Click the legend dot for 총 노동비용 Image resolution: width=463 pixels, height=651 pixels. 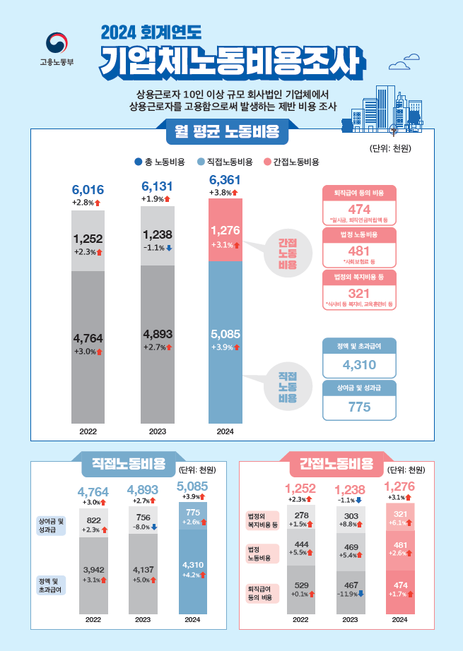pyautogui.click(x=138, y=162)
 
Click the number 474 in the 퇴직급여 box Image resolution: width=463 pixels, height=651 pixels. pyautogui.click(x=359, y=210)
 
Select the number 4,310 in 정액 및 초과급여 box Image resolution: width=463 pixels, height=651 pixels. pyautogui.click(x=359, y=366)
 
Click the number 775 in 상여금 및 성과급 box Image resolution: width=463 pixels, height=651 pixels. pyautogui.click(x=359, y=407)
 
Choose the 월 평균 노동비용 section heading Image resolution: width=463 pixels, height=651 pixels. pyautogui.click(x=221, y=131)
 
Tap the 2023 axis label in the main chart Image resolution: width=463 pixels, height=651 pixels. pyautogui.click(x=158, y=430)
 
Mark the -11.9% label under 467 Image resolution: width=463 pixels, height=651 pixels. pyautogui.click(x=350, y=593)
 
